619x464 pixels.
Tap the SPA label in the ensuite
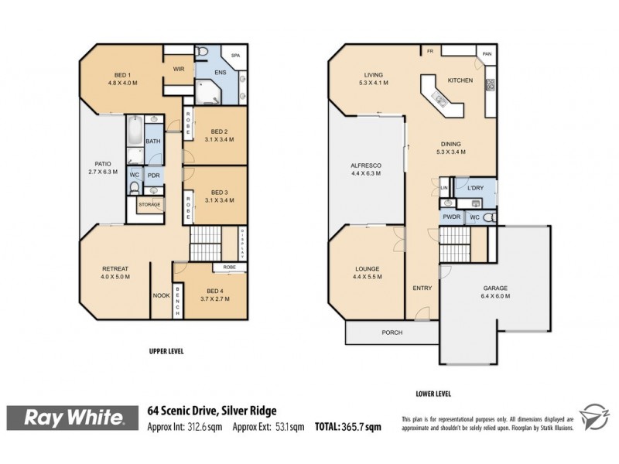tap(235, 56)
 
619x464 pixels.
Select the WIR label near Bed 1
tap(179, 70)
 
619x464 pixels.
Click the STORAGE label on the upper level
tap(149, 204)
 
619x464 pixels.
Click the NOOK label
tap(162, 295)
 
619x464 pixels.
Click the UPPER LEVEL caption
tap(168, 350)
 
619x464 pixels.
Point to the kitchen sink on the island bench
tap(439, 97)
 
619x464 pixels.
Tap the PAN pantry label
tap(487, 54)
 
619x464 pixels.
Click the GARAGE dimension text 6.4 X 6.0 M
tap(495, 296)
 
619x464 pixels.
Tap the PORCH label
tap(392, 333)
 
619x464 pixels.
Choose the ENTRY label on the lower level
tap(422, 288)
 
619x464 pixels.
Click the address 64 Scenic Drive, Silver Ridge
tap(212, 411)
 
